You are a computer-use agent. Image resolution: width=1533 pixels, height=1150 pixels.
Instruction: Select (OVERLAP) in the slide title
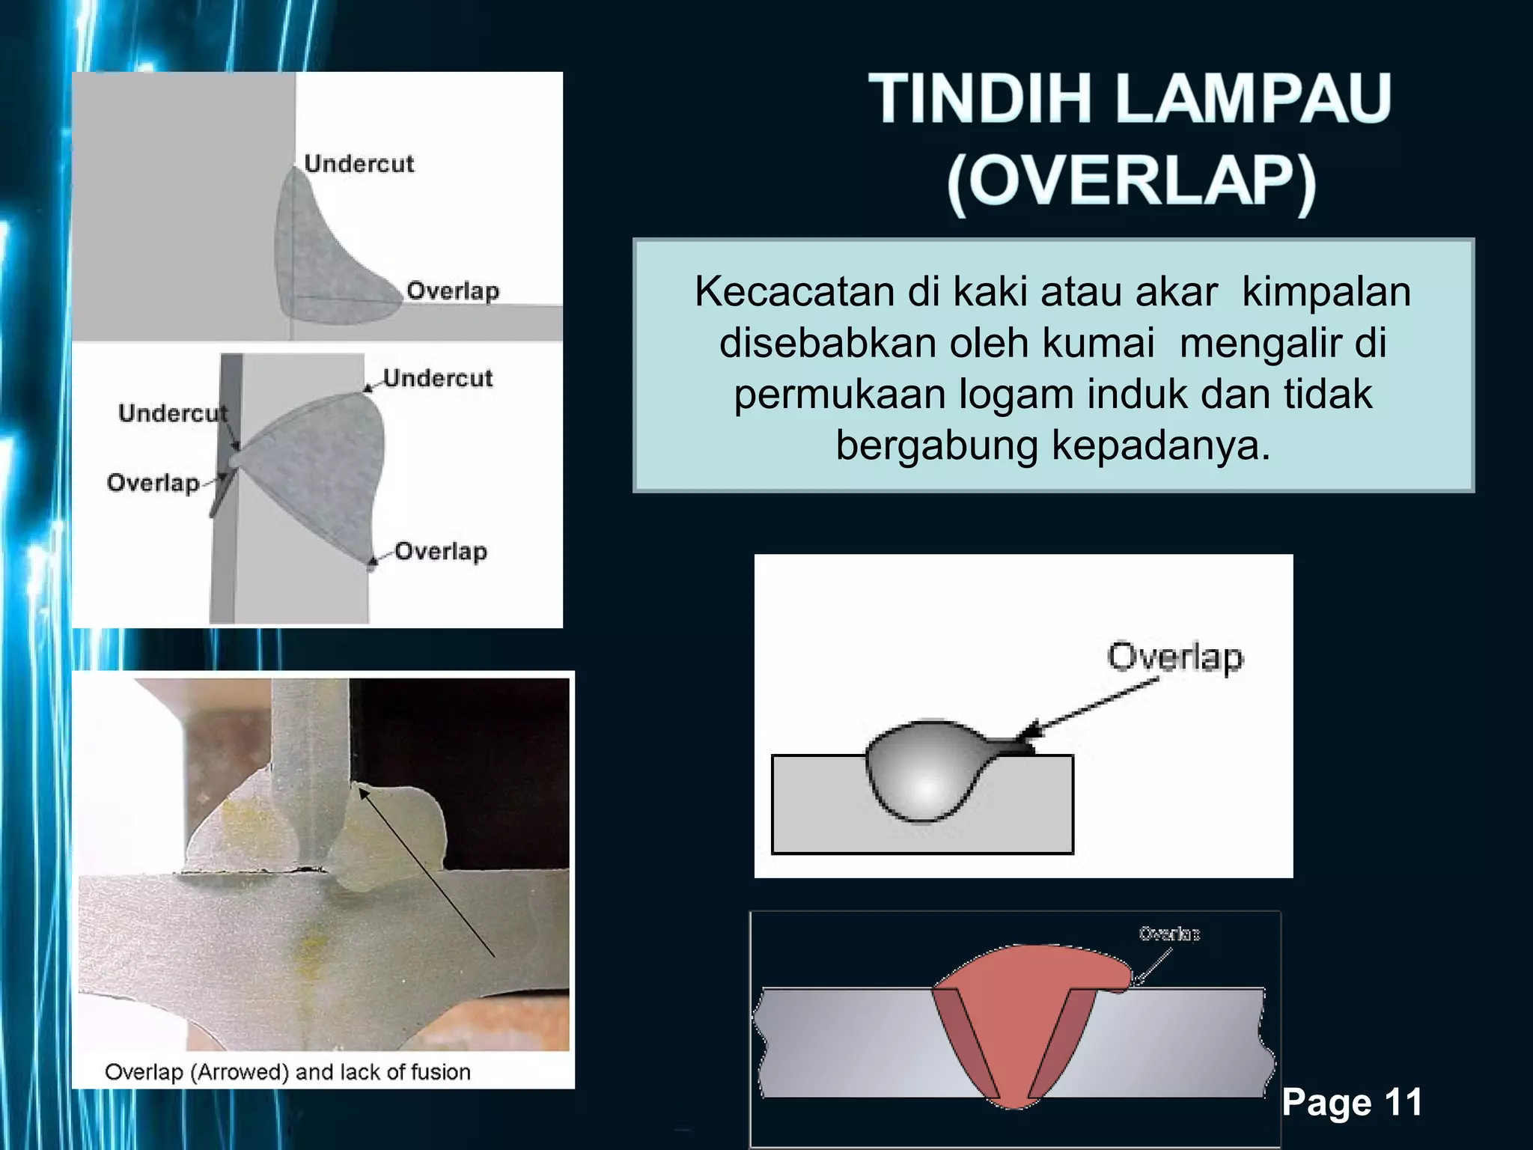pyautogui.click(x=1132, y=182)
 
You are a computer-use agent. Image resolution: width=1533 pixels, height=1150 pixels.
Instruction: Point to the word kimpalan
pyautogui.click(x=1326, y=291)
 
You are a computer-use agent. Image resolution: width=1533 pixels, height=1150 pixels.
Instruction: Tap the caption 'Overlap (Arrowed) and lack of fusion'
pyautogui.click(x=287, y=1072)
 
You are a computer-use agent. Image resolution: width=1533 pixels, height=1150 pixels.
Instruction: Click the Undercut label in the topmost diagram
pyautogui.click(x=359, y=163)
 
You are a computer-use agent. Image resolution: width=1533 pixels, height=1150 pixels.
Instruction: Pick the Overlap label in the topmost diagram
pyautogui.click(x=452, y=290)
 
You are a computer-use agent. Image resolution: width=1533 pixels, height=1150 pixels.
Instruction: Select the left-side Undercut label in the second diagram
pyautogui.click(x=172, y=413)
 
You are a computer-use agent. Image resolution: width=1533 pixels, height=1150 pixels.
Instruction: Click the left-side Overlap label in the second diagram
pyautogui.click(x=153, y=483)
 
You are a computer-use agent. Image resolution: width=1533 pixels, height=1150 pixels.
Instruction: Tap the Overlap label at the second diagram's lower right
pyautogui.click(x=440, y=552)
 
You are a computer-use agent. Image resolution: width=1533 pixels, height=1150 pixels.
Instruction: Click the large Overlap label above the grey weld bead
pyautogui.click(x=1174, y=657)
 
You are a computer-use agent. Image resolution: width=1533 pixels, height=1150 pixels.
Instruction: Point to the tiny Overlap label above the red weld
pyautogui.click(x=1168, y=934)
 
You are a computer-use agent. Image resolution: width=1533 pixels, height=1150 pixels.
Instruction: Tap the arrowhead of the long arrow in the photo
pyautogui.click(x=363, y=791)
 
